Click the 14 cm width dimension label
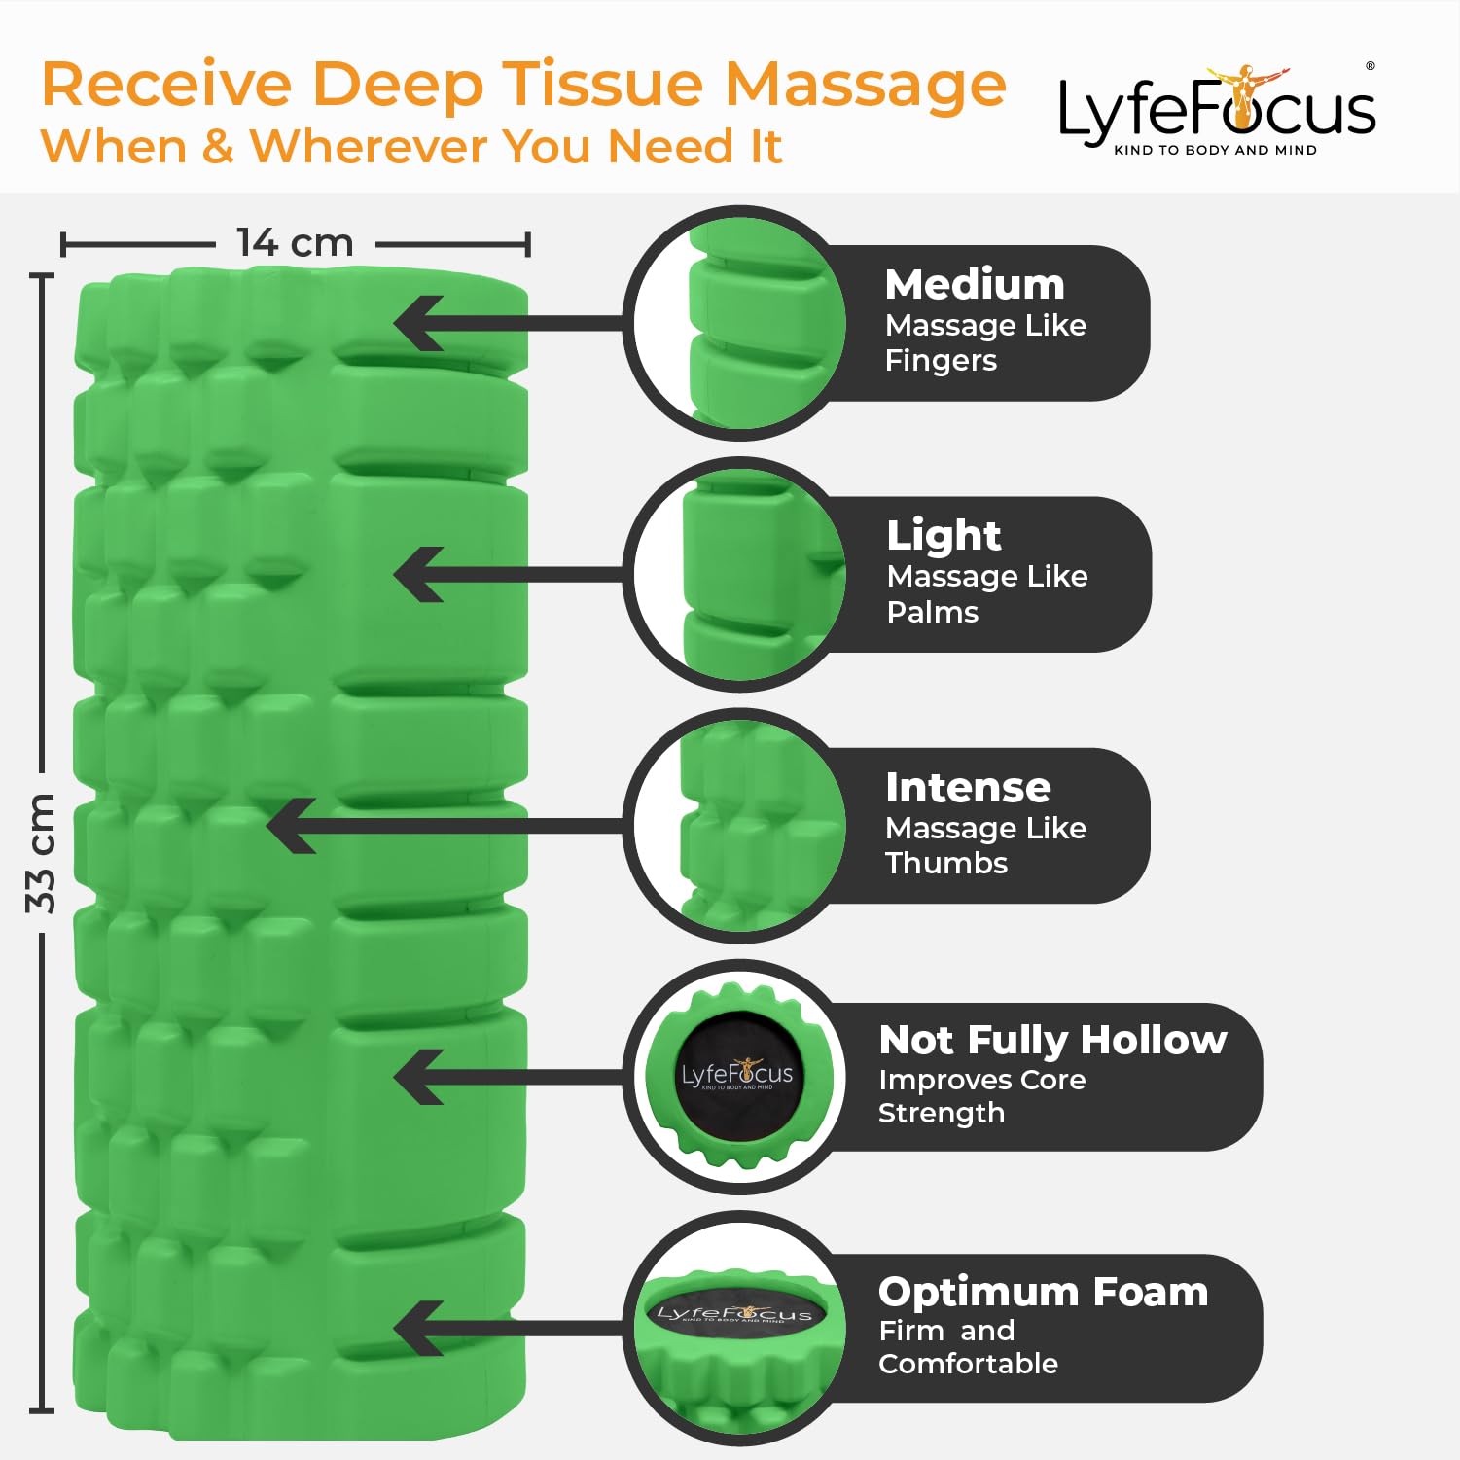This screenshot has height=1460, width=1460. [295, 242]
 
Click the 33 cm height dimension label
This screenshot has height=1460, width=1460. [41, 853]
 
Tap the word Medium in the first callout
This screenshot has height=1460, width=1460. [975, 284]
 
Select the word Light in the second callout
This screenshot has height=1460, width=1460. [944, 535]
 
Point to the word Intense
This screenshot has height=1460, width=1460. [968, 787]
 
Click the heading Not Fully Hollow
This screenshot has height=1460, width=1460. [1052, 1040]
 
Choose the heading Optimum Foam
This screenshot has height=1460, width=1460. [1043, 1292]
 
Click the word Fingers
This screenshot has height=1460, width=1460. [941, 361]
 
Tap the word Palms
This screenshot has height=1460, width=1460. [933, 612]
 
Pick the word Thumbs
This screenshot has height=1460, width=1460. [946, 863]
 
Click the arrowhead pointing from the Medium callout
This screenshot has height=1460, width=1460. [418, 323]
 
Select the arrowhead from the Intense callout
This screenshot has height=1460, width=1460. [291, 826]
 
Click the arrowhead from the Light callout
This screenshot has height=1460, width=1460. [418, 574]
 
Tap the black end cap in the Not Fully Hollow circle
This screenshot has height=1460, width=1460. [736, 1076]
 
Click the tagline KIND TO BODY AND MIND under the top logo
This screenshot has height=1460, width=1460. [1215, 150]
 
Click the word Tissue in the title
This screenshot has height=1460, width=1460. [609, 84]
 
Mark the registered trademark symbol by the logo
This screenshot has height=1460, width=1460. [1371, 66]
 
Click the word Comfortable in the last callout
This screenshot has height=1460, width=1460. [968, 1364]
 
